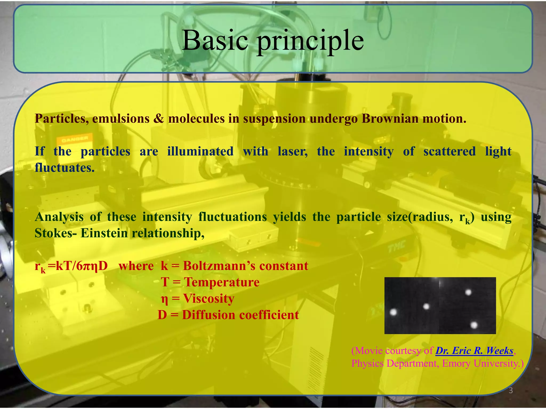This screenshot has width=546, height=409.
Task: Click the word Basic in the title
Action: pos(215,40)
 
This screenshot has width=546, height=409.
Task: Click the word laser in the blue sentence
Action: pos(292,152)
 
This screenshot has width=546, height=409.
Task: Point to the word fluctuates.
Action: pos(65,168)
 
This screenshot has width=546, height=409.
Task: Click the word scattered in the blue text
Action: pos(449,152)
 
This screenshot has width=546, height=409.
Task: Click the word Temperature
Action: pos(222,282)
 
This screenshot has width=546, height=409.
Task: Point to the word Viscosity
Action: pos(208,298)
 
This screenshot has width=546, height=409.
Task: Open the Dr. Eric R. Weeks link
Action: pos(474,351)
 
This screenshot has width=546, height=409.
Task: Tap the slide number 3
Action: pos(511,391)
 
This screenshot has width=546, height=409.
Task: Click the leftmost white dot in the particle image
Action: pos(394,312)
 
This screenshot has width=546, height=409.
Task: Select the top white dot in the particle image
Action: pos(468,292)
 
